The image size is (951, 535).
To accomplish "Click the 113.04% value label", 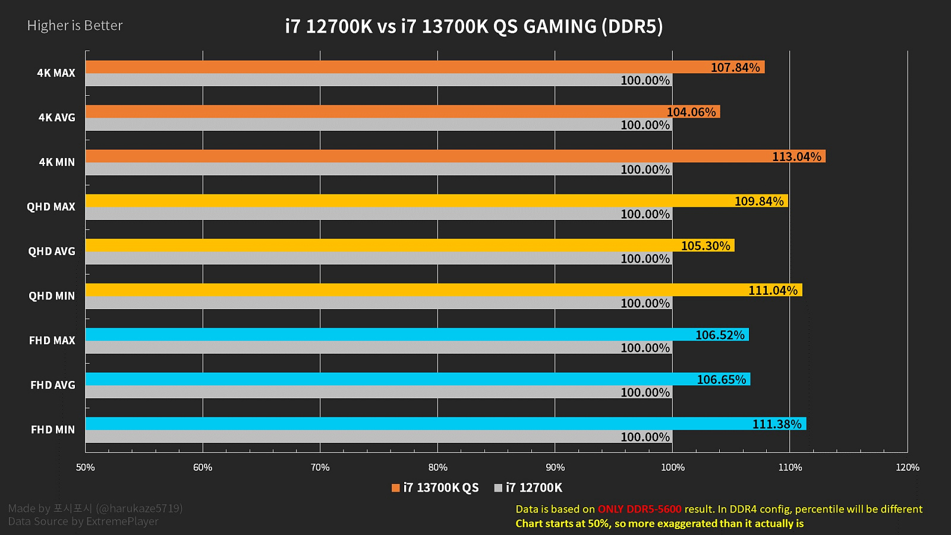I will click(x=796, y=157).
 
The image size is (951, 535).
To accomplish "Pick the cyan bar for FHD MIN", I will click(x=416, y=424).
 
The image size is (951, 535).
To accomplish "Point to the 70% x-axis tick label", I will click(x=320, y=467).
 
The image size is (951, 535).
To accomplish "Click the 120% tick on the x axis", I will click(x=907, y=467).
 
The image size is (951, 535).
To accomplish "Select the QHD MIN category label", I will click(x=52, y=296).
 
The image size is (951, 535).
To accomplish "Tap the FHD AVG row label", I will click(x=53, y=385).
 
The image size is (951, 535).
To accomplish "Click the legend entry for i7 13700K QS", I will click(x=435, y=488).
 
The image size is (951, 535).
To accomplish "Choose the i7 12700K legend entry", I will click(x=528, y=488).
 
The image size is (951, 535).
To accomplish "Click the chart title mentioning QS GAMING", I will click(x=474, y=27).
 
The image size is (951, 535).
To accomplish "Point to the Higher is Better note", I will click(x=75, y=26).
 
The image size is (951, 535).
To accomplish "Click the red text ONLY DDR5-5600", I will click(x=640, y=509).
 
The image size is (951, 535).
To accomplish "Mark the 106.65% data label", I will click(x=721, y=380).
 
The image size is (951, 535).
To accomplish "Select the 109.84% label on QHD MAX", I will click(x=758, y=202).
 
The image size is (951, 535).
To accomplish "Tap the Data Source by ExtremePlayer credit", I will click(x=83, y=521).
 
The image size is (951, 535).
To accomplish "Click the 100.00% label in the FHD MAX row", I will click(x=645, y=348).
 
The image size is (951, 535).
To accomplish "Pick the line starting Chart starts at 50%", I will click(x=659, y=524).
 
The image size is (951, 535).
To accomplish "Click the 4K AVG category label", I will click(x=56, y=118).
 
